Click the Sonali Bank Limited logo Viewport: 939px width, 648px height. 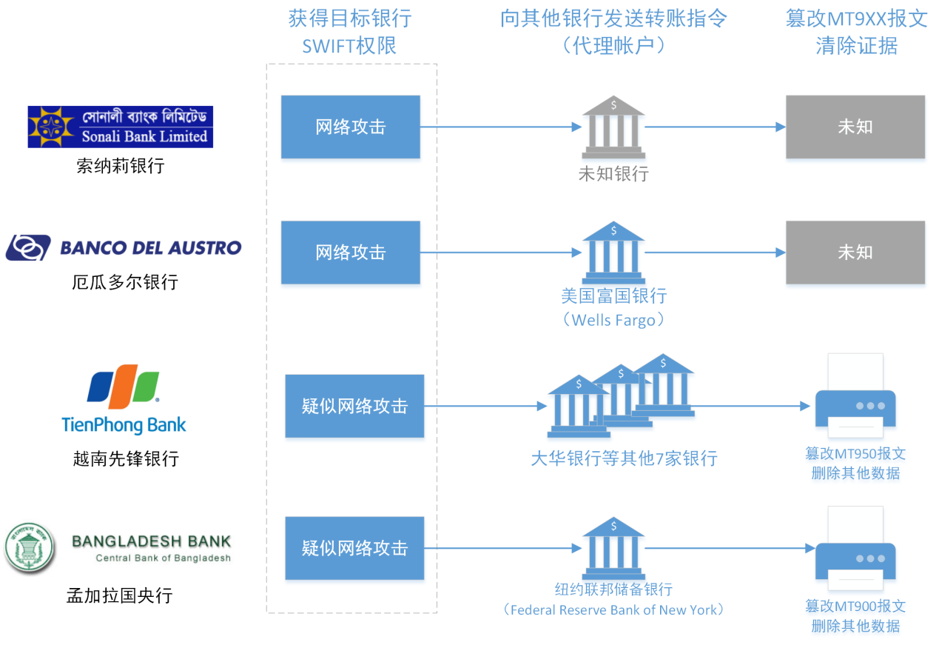pyautogui.click(x=120, y=127)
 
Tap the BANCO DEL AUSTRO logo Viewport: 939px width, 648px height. pyautogui.click(x=124, y=247)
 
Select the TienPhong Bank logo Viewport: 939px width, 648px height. pyautogui.click(x=124, y=398)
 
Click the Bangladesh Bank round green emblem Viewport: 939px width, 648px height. pyautogui.click(x=30, y=549)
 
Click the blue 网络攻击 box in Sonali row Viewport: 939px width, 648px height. pyautogui.click(x=350, y=127)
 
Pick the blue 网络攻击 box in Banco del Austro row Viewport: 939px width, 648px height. pyautogui.click(x=350, y=253)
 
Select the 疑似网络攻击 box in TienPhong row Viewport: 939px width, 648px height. pyautogui.click(x=354, y=406)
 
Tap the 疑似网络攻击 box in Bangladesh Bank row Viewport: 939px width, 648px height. pyautogui.click(x=354, y=548)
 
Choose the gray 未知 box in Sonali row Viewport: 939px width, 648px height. pyautogui.click(x=855, y=127)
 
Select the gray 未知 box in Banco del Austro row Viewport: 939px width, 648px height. pyautogui.click(x=855, y=253)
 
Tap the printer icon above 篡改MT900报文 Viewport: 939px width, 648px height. pyautogui.click(x=855, y=552)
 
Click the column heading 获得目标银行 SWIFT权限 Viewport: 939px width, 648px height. pyautogui.click(x=350, y=32)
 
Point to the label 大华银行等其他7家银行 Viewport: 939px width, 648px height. pyautogui.click(x=624, y=458)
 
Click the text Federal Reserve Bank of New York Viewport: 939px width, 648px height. pyautogui.click(x=613, y=610)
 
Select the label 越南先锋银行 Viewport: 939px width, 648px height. pyautogui.click(x=126, y=459)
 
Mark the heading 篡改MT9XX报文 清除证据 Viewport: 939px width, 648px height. pyautogui.click(x=856, y=32)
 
